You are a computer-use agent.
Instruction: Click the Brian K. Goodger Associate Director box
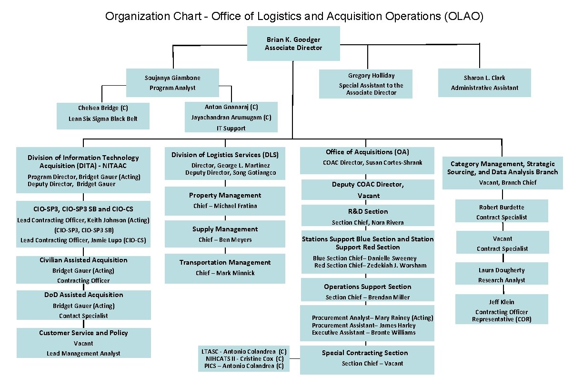293,43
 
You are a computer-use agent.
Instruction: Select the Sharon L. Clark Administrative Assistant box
484,83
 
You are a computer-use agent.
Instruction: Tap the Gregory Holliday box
365,84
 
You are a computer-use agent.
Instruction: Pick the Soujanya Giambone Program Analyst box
172,83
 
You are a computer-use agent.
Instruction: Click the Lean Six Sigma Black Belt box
103,116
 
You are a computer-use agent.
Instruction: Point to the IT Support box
231,117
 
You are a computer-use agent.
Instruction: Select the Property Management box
225,200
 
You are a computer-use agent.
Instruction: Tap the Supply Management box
225,234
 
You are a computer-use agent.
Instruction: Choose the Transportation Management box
225,268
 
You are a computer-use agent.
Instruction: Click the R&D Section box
368,216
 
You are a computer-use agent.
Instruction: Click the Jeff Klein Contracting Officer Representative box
502,309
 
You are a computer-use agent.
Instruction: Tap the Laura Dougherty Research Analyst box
502,274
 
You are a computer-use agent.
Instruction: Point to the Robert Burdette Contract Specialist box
502,211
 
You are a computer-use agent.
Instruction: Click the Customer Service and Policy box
84,343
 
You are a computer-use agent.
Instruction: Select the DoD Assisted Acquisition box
84,305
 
